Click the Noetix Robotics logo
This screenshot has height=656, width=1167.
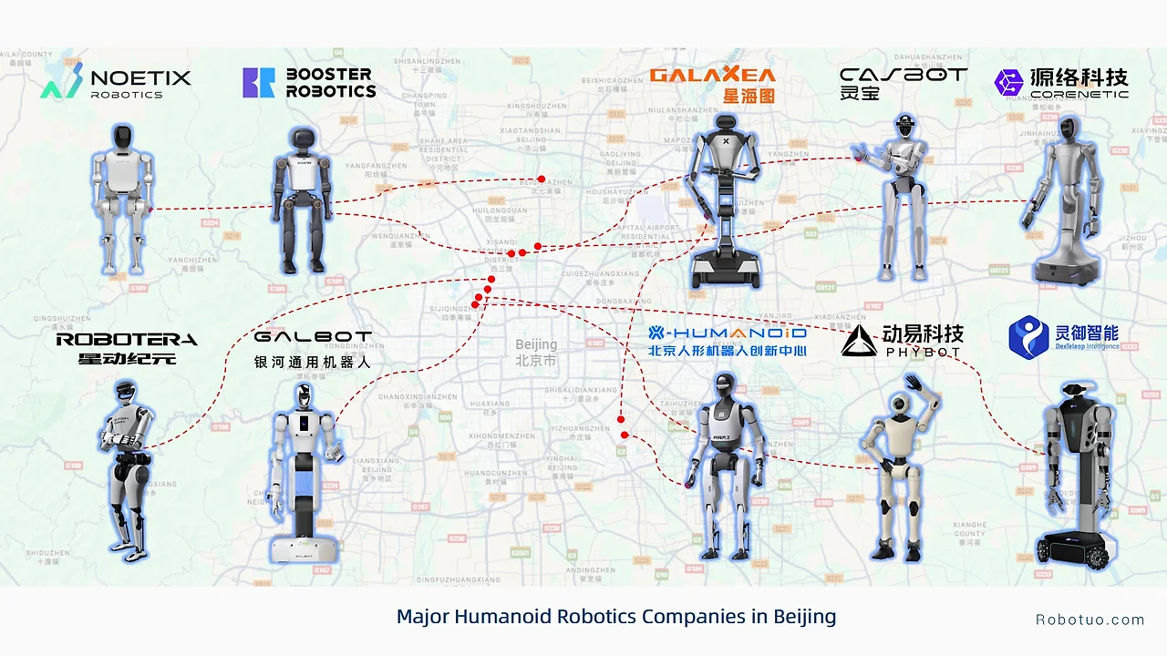pyautogui.click(x=116, y=82)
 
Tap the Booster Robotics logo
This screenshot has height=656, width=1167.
pyautogui.click(x=309, y=82)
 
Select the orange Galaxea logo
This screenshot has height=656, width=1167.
pyautogui.click(x=711, y=84)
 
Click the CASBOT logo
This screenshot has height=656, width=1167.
pyautogui.click(x=903, y=82)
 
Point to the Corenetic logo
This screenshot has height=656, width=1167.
pyautogui.click(x=1061, y=83)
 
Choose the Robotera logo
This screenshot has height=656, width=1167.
pyautogui.click(x=126, y=347)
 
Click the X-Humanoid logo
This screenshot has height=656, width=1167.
pyautogui.click(x=727, y=340)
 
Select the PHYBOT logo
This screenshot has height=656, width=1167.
pyautogui.click(x=902, y=340)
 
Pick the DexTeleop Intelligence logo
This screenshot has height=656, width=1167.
pyautogui.click(x=1063, y=337)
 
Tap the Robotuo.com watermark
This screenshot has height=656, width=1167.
pyautogui.click(x=1090, y=620)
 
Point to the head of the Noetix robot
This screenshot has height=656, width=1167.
pyautogui.click(x=123, y=138)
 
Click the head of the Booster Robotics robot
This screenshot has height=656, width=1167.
pyautogui.click(x=301, y=141)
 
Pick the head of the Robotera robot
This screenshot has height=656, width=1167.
pyautogui.click(x=125, y=394)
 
